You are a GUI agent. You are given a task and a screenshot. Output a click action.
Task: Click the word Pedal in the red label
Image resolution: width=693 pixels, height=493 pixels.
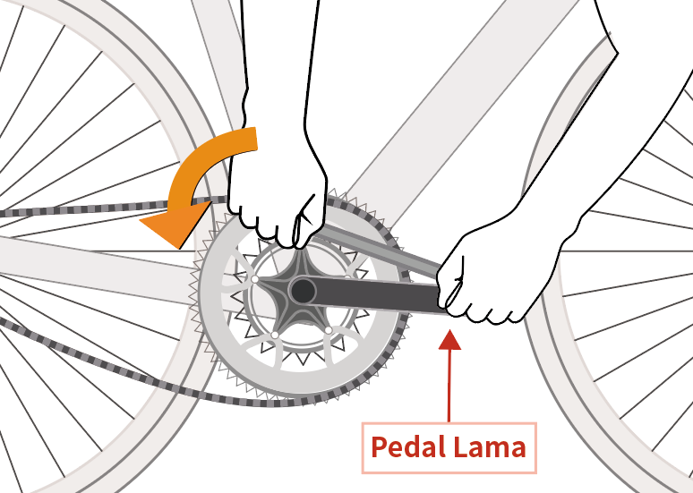click(408, 446)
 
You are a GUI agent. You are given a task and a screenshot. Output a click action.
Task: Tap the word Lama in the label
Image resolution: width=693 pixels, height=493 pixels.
click(490, 446)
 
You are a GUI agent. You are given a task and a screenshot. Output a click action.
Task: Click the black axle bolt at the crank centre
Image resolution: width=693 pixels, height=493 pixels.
click(303, 290)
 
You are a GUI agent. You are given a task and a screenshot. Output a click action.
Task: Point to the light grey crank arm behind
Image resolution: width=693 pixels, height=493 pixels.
click(376, 245)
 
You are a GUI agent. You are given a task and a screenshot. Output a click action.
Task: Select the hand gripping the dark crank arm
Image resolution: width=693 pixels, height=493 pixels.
click(488, 273)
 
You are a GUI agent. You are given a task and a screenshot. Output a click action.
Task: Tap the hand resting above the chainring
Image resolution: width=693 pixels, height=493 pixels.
click(278, 192)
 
